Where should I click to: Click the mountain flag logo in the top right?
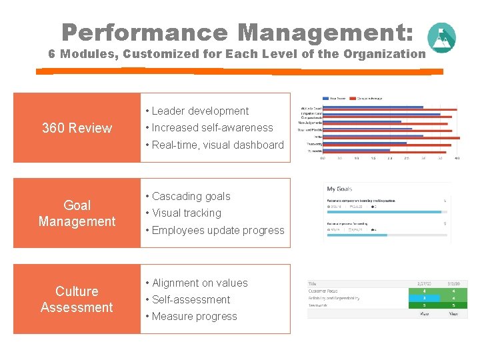pos(441,37)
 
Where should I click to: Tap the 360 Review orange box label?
pos(77,128)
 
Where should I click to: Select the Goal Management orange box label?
pos(77,213)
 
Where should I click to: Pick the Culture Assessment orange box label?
pos(77,299)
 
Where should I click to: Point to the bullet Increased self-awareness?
pos(212,128)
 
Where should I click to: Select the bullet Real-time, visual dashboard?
pos(217,145)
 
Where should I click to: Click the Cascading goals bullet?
pos(191,197)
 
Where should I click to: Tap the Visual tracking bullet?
pos(186,213)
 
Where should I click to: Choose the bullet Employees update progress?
pos(217,231)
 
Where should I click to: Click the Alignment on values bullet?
pos(199,283)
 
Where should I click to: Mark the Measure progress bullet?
pos(194,317)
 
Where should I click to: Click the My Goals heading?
pos(339,189)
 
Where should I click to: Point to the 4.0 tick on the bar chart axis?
pos(457,159)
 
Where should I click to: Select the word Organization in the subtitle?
pos(383,54)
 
